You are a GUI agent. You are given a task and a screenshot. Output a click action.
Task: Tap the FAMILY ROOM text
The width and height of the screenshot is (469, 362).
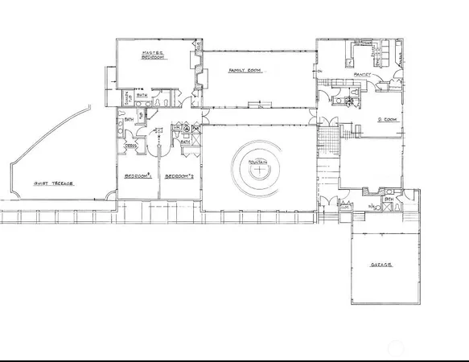[242, 71]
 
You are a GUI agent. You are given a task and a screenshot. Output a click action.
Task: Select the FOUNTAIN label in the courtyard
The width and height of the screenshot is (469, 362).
[258, 161]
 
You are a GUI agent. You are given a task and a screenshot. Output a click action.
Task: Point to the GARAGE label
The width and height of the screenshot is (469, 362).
[381, 265]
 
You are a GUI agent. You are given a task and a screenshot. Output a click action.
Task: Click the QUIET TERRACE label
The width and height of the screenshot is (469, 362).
[53, 183]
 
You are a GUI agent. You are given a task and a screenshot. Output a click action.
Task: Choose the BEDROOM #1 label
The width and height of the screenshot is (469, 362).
[138, 175]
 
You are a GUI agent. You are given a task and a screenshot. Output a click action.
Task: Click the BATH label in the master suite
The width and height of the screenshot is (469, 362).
[142, 96]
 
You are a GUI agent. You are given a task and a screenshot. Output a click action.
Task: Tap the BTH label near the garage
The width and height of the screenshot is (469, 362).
[388, 199]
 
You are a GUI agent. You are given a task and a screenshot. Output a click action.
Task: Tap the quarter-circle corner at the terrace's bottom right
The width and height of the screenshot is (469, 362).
[108, 195]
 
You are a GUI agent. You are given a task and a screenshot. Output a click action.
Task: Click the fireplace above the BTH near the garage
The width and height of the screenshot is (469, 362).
[371, 191]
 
